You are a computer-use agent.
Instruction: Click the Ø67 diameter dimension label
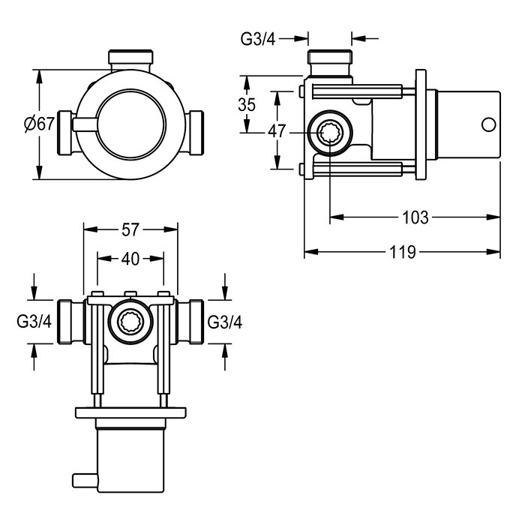(x=39, y=124)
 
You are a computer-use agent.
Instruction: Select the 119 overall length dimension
(x=403, y=252)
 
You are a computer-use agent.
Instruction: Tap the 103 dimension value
(x=415, y=217)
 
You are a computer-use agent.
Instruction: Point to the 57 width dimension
(x=130, y=229)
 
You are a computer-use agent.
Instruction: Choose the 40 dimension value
(x=130, y=259)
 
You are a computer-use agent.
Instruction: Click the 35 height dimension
(x=247, y=105)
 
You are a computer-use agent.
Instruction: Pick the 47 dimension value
(x=277, y=131)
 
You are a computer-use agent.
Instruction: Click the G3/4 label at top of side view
(x=258, y=39)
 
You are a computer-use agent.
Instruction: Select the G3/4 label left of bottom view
(x=34, y=322)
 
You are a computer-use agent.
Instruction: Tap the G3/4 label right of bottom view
(x=225, y=322)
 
